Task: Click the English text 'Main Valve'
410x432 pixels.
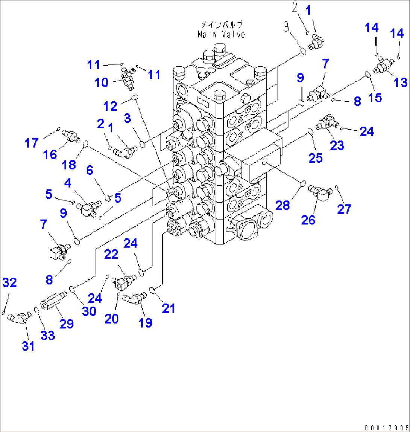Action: [222, 34]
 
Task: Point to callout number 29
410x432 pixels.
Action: [67, 324]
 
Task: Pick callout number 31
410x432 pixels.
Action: [28, 345]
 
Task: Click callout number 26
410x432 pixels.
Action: [308, 220]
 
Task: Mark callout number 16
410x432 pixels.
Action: [51, 154]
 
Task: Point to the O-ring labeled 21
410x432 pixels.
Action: [153, 290]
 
